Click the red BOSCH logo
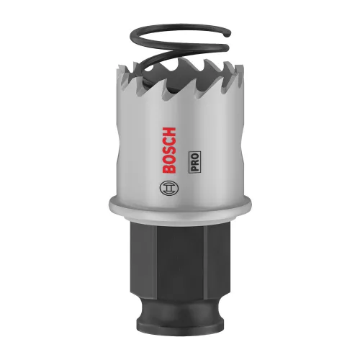tap(171, 149)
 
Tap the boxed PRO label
tap(194, 164)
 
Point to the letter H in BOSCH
tap(171, 130)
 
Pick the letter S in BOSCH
tap(171, 149)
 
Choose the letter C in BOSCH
tap(171, 139)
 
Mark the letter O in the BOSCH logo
tap(171, 159)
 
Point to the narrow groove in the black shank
tap(180, 312)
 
